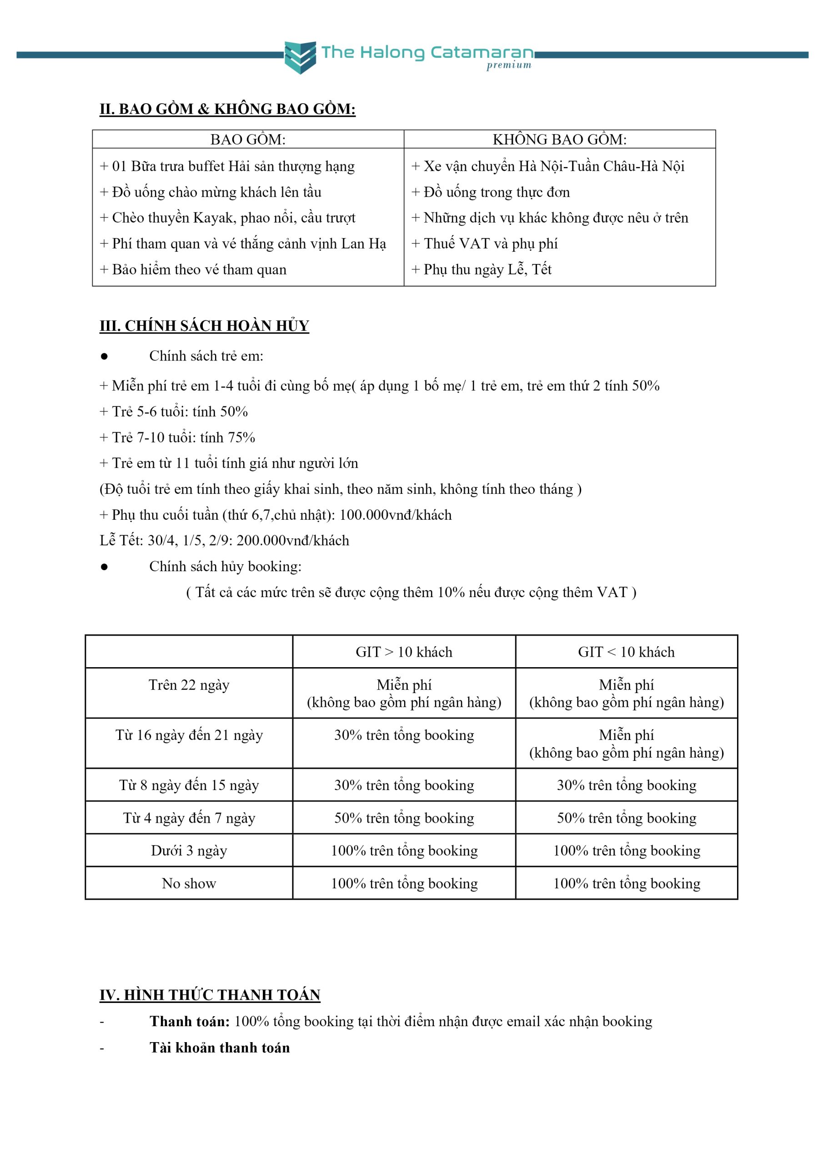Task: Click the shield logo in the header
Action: coord(300,57)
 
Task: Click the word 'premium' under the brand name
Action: coord(509,65)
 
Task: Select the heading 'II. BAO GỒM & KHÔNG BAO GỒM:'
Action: coord(227,109)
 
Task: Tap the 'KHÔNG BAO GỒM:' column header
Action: coord(559,140)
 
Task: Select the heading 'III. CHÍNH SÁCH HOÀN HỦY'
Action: coord(204,326)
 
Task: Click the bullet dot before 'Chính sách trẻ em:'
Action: coord(105,356)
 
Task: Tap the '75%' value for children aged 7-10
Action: coord(241,437)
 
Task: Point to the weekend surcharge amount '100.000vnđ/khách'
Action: coord(396,515)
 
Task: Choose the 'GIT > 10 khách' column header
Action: coord(404,652)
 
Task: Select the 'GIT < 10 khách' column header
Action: coord(626,652)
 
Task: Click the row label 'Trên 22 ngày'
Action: coord(189,685)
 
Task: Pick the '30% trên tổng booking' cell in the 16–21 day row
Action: coord(404,735)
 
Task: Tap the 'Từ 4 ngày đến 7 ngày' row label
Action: coord(189,818)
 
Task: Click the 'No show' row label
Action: coord(189,883)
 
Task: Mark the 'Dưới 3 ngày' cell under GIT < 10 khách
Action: coord(626,851)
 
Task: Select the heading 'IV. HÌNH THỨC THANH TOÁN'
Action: coord(210,995)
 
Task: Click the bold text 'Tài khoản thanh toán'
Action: coord(220,1048)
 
